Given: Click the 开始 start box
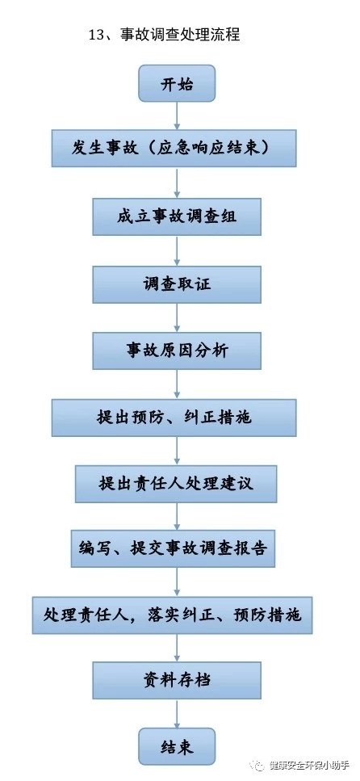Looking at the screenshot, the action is (x=177, y=85).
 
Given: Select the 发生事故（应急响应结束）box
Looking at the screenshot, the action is (x=174, y=149).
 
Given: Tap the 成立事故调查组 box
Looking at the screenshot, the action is (x=177, y=217).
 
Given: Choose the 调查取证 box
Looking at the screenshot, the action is (x=177, y=284).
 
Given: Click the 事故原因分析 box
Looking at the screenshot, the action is (x=177, y=351).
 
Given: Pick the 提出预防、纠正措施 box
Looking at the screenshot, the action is (x=174, y=418).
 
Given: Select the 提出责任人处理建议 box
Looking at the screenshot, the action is (x=176, y=484).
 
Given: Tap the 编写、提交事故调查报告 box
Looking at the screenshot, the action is (x=173, y=549).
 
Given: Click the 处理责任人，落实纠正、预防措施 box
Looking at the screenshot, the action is (x=172, y=615).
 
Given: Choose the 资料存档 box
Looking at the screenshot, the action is (x=177, y=680).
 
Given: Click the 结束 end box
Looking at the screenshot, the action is (x=177, y=746).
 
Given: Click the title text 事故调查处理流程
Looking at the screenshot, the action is (x=180, y=35).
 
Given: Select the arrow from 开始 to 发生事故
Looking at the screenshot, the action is (x=177, y=116).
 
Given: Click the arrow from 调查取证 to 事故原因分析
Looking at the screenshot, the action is (x=177, y=318).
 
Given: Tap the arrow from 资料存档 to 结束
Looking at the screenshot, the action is (x=177, y=714).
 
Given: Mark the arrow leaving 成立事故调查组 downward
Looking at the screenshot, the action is (x=177, y=251).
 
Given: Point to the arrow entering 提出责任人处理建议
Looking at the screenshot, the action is (x=177, y=451).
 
